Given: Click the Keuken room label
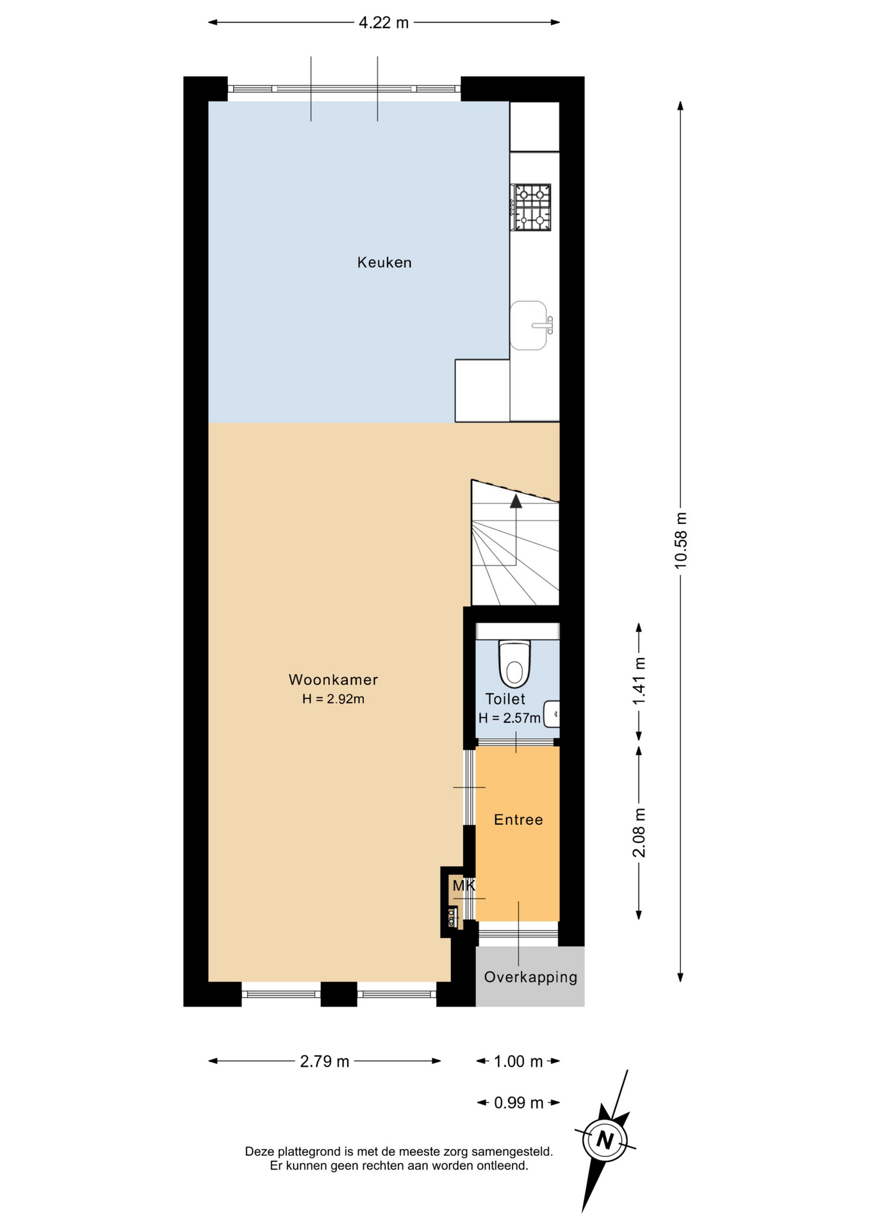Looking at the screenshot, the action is pyautogui.click(x=384, y=262).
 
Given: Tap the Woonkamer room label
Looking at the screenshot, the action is pyautogui.click(x=333, y=679).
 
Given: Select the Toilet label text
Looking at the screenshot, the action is pyautogui.click(x=505, y=699).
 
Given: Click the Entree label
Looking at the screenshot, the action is pyautogui.click(x=518, y=819).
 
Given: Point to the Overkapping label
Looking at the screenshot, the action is pyautogui.click(x=530, y=977).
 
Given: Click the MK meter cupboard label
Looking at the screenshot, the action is pyautogui.click(x=464, y=885).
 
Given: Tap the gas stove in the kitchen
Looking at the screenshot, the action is pyautogui.click(x=531, y=208).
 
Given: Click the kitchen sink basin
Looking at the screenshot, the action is pyautogui.click(x=529, y=325).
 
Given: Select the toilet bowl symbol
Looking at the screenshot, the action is pyautogui.click(x=514, y=664).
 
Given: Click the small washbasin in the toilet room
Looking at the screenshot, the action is pyautogui.click(x=552, y=714).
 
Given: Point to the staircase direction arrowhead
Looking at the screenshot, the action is pyautogui.click(x=516, y=501).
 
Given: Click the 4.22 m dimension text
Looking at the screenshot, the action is pyautogui.click(x=384, y=23).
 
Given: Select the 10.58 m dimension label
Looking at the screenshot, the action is pyautogui.click(x=680, y=540).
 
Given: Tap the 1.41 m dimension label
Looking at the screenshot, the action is pyautogui.click(x=639, y=681).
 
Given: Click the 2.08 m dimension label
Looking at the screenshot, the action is pyautogui.click(x=639, y=832).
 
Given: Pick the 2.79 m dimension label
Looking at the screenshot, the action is pyautogui.click(x=325, y=1062).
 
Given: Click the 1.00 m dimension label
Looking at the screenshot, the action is pyautogui.click(x=518, y=1062).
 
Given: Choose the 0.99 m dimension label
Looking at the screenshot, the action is pyautogui.click(x=519, y=1103).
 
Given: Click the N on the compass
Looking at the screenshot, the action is pyautogui.click(x=604, y=1140).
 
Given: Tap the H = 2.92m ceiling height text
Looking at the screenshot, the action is pyautogui.click(x=333, y=699).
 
